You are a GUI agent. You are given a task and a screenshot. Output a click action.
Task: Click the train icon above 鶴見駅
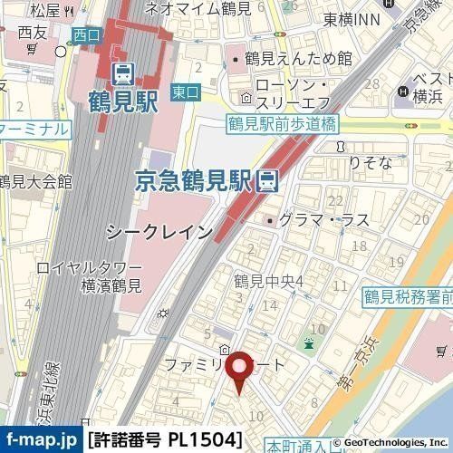pyautogui.click(x=123, y=70)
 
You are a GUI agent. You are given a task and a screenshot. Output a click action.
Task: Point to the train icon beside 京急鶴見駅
pyautogui.click(x=267, y=180)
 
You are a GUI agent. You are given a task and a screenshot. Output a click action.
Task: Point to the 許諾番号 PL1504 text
pyautogui.click(x=167, y=439)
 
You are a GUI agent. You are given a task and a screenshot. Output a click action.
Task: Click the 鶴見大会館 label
pyautogui.click(x=37, y=181)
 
